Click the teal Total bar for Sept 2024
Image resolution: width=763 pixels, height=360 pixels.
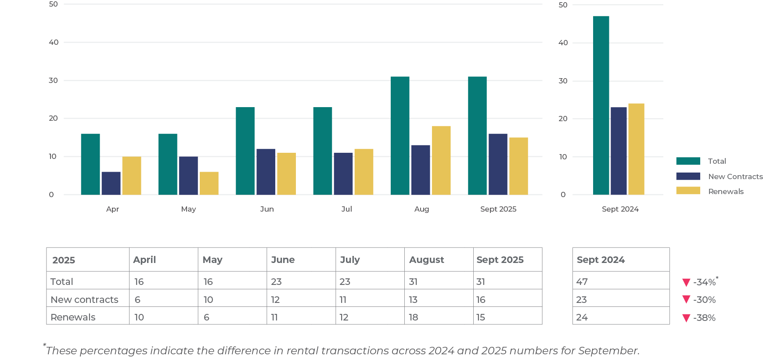tap(601, 105)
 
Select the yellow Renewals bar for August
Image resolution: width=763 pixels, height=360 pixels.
tap(441, 160)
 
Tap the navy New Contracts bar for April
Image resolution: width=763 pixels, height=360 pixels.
tap(111, 183)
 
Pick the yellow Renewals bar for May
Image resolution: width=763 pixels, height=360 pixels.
tap(209, 183)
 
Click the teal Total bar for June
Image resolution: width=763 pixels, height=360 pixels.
tap(245, 151)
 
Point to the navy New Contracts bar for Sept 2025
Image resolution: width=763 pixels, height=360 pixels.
tap(498, 164)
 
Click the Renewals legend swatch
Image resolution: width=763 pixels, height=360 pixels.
tap(688, 191)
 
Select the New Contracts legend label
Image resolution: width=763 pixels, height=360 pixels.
tap(735, 176)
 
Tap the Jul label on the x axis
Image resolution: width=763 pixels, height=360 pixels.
tap(346, 209)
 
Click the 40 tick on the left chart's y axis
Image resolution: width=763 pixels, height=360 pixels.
tap(54, 42)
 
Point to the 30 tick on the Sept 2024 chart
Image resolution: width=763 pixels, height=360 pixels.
tap(563, 81)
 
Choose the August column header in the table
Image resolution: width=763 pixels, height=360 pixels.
tap(426, 260)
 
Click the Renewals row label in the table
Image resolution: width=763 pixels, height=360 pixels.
tap(73, 317)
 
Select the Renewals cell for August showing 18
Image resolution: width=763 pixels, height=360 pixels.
tap(414, 317)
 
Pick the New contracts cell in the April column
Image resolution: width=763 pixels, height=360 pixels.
tap(137, 299)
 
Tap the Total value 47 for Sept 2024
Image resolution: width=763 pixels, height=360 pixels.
tap(582, 282)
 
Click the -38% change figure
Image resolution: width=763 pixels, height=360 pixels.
tap(705, 318)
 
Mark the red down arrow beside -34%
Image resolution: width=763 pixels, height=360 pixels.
tap(686, 282)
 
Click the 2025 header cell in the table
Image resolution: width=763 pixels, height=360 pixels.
tap(64, 260)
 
